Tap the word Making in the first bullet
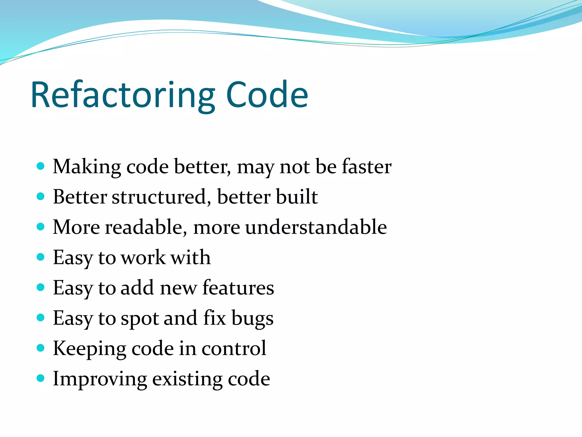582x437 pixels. point(87,167)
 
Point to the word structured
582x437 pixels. point(159,197)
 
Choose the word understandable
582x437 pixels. point(316,227)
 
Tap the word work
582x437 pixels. point(143,258)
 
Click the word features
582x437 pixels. point(238,288)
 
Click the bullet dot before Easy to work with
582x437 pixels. point(41,257)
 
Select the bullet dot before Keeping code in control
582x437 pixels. point(41,348)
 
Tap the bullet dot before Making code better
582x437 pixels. point(41,166)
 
